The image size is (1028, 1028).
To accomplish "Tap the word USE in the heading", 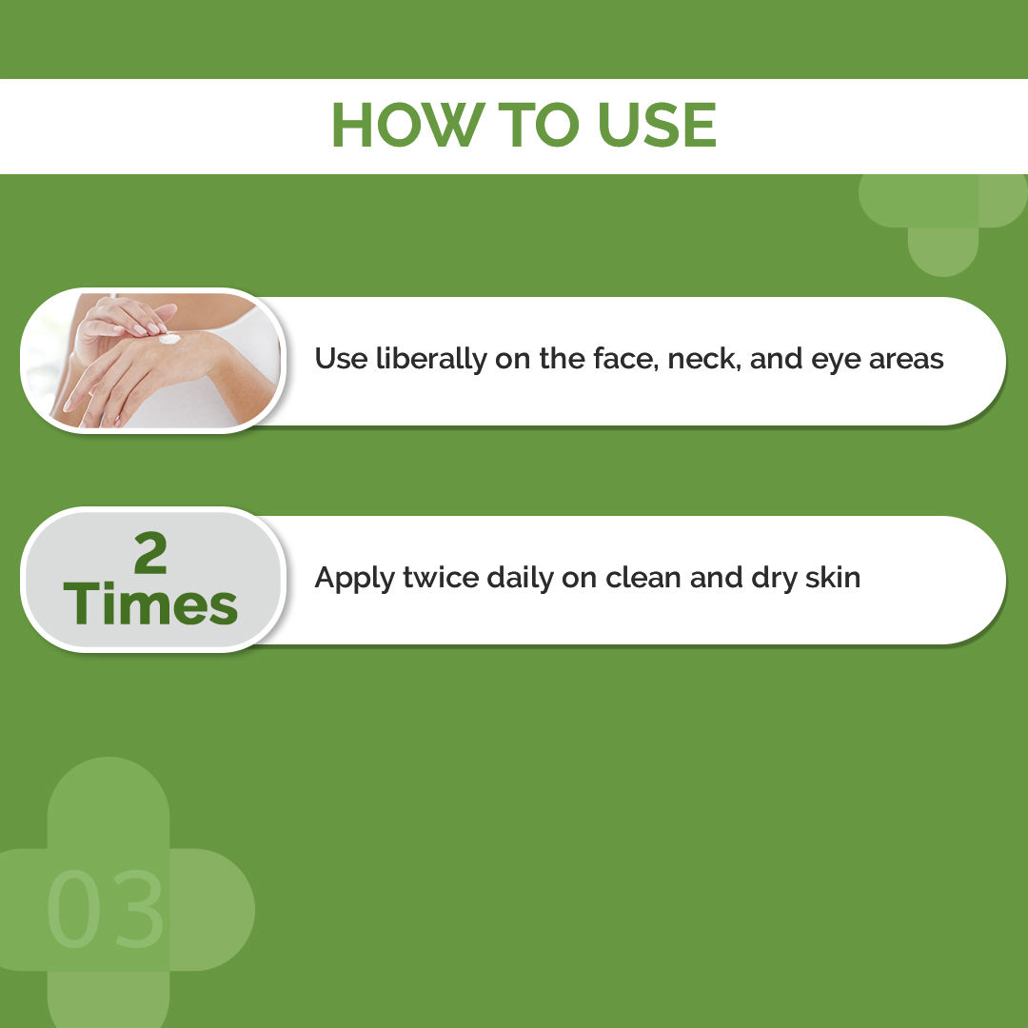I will point(657,125).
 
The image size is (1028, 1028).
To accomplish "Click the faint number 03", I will point(106,910).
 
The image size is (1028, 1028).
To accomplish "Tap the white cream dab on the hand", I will point(169,337).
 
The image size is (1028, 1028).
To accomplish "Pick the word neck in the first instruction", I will point(702,359).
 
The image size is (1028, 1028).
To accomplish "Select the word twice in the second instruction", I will point(430,578).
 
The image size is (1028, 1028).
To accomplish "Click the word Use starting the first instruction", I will point(335,359).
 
